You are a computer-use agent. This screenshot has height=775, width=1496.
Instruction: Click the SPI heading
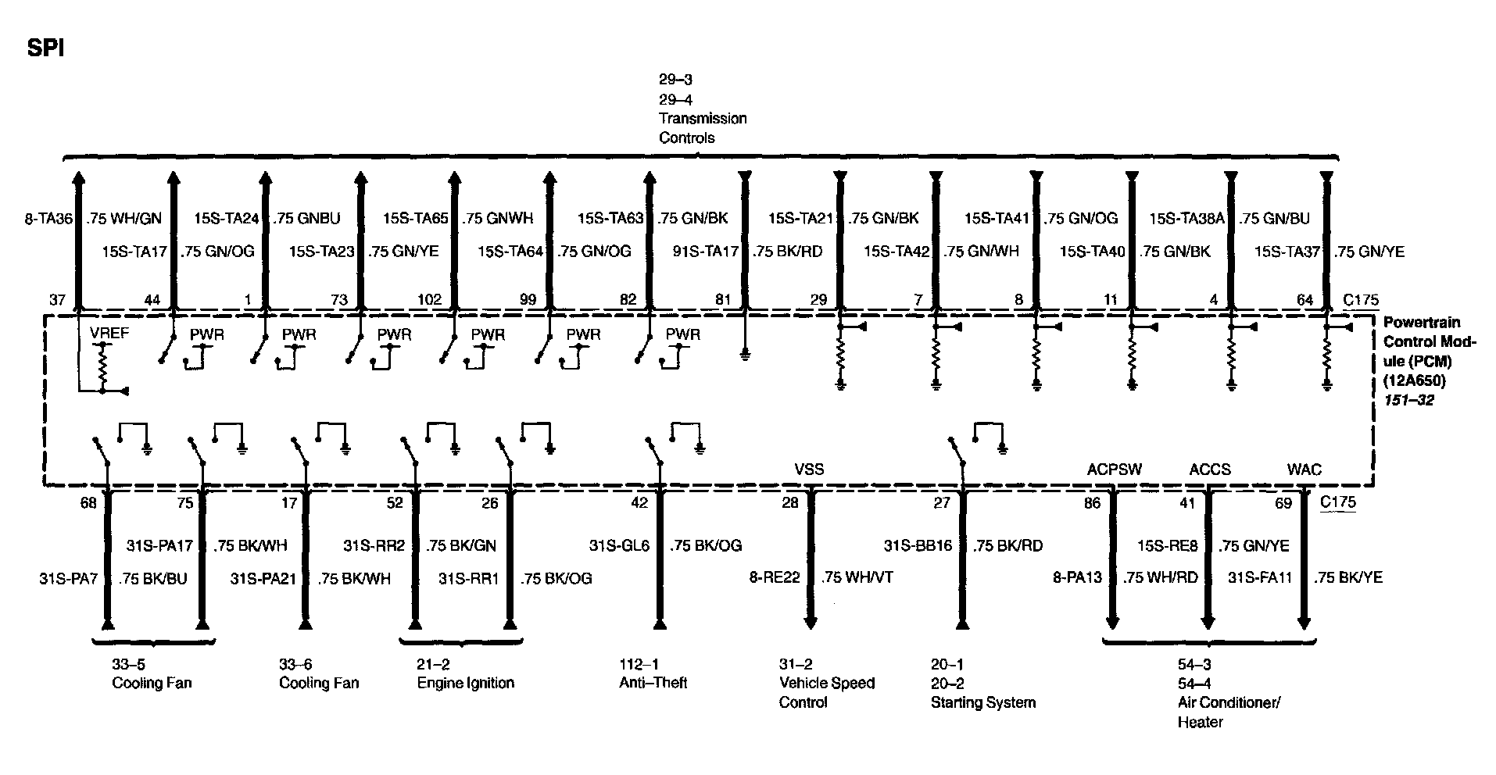(x=45, y=48)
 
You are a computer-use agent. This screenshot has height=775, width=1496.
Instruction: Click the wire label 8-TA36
(x=48, y=219)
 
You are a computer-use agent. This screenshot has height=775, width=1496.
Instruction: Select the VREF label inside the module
(x=109, y=334)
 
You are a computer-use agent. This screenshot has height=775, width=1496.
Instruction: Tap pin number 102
(x=430, y=299)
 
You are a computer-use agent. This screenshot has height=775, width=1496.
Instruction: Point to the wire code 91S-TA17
(x=706, y=252)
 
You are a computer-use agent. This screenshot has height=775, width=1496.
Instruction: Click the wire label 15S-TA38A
(x=1187, y=219)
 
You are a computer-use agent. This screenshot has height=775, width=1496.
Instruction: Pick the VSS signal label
(x=809, y=470)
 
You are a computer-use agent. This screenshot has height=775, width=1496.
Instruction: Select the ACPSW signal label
(x=1114, y=470)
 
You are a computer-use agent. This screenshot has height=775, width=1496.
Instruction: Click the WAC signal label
(x=1304, y=470)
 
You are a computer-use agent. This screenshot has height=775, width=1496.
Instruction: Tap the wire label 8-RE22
(x=775, y=578)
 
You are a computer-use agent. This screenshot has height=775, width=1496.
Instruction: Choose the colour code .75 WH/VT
(x=857, y=578)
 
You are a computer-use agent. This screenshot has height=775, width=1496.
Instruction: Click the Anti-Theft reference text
(x=653, y=683)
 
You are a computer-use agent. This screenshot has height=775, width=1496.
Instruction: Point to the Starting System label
(x=982, y=702)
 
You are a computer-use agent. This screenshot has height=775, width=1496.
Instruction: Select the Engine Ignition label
(x=465, y=683)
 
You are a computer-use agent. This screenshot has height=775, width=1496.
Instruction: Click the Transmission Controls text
(x=702, y=128)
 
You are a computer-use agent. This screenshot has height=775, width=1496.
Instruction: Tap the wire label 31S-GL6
(x=619, y=545)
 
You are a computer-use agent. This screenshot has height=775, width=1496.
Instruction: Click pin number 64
(x=1305, y=299)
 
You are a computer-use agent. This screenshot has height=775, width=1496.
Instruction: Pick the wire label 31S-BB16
(x=918, y=545)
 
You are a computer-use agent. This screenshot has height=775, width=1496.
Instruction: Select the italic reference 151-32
(x=1408, y=401)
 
